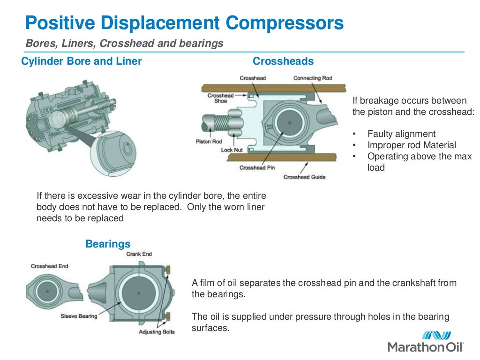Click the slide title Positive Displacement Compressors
[x=184, y=22]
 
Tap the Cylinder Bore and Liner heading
[x=82, y=61]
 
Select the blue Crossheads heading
[x=283, y=61]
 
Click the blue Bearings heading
[x=108, y=244]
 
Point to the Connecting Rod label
[x=313, y=78]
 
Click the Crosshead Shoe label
[x=220, y=98]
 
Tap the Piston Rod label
[x=209, y=142]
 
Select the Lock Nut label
[x=232, y=150]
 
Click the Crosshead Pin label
[x=257, y=168]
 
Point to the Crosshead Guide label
[x=304, y=177]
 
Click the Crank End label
[x=139, y=254]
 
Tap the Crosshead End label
[x=49, y=266]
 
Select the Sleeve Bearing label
[x=79, y=316]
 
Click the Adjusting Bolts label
[x=157, y=332]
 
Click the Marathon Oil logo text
[x=425, y=347]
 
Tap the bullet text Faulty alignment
[x=401, y=134]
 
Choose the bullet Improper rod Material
[x=411, y=145]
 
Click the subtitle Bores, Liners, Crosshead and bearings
[x=124, y=44]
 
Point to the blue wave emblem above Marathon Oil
[x=436, y=335]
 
